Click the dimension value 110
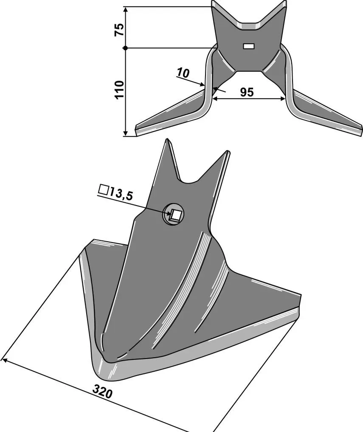tap(119, 90)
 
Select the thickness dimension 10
tap(183, 73)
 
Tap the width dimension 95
tap(247, 92)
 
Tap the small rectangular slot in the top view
tap(248, 46)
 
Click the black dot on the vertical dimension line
tap(126, 48)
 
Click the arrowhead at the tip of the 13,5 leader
tap(168, 212)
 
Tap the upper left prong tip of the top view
tap(214, 3)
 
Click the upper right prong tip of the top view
tap(283, 3)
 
